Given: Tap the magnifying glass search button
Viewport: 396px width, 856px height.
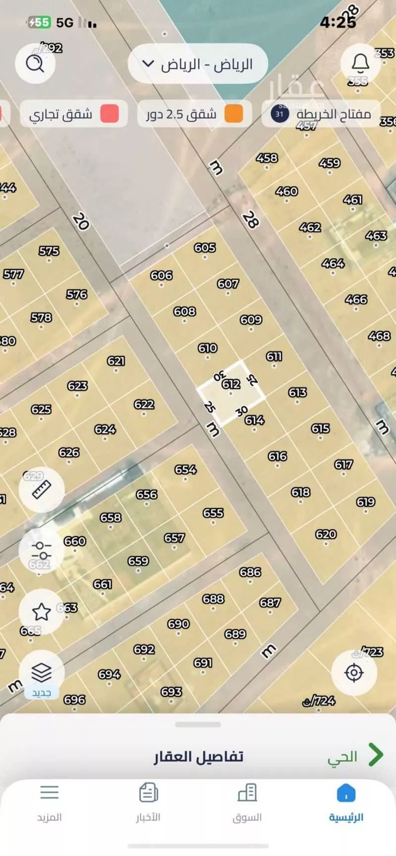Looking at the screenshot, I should click(x=35, y=63).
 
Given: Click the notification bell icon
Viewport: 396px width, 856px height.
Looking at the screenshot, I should click(x=360, y=63).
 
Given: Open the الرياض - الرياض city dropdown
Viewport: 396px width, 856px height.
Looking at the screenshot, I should click(x=198, y=64).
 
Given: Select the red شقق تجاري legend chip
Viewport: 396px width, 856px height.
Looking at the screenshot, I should click(x=73, y=114).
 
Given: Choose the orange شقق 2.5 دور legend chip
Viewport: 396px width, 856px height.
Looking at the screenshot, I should click(x=194, y=114).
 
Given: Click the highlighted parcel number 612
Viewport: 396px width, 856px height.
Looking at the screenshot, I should click(x=231, y=384).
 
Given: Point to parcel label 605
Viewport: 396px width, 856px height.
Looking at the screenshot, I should click(x=204, y=248).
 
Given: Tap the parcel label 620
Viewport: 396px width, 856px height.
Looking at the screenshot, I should click(x=326, y=534).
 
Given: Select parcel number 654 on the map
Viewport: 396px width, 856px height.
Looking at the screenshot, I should click(x=185, y=469).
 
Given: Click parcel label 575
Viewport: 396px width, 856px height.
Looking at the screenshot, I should click(x=49, y=251).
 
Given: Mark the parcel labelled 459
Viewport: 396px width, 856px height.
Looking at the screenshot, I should click(x=329, y=163).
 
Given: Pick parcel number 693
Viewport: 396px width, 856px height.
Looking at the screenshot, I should click(x=171, y=692).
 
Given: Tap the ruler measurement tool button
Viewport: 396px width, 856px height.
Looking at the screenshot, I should click(x=42, y=490).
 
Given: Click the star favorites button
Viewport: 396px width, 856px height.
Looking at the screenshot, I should click(x=41, y=612).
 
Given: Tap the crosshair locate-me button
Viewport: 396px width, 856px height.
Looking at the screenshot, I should click(x=353, y=673).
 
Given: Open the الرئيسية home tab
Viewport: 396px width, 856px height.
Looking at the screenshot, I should click(x=346, y=803).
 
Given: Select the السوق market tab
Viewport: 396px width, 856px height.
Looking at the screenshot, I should click(x=247, y=803).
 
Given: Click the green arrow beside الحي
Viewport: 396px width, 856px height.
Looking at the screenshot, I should click(x=375, y=755).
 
